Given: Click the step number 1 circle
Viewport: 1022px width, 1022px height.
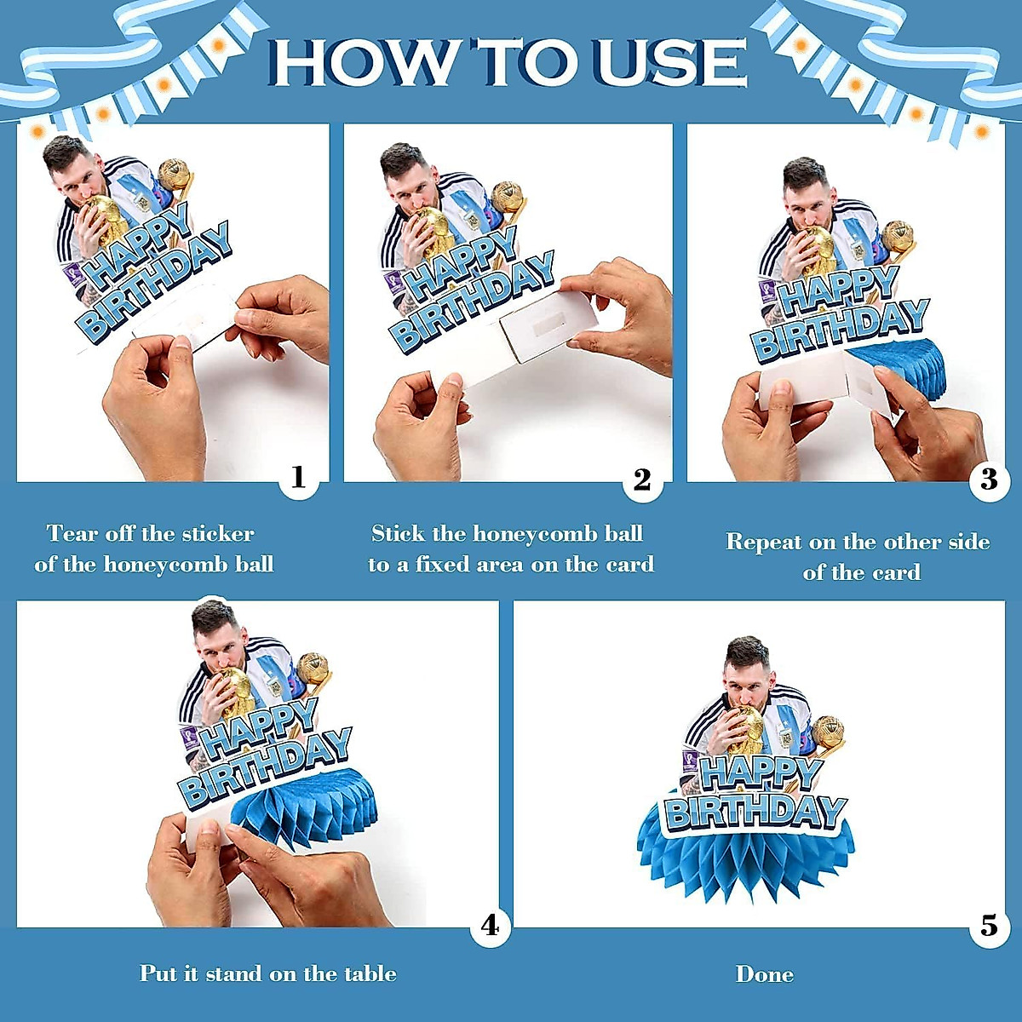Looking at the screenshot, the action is coord(299,479).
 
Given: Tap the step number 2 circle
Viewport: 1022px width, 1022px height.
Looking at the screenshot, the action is coord(642,480).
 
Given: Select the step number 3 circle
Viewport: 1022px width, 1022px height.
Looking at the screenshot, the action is coord(988,480).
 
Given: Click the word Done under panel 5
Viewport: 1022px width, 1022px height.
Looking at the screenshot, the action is coord(764,974).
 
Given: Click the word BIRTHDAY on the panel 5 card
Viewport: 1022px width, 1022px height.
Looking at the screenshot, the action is coord(755,811).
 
